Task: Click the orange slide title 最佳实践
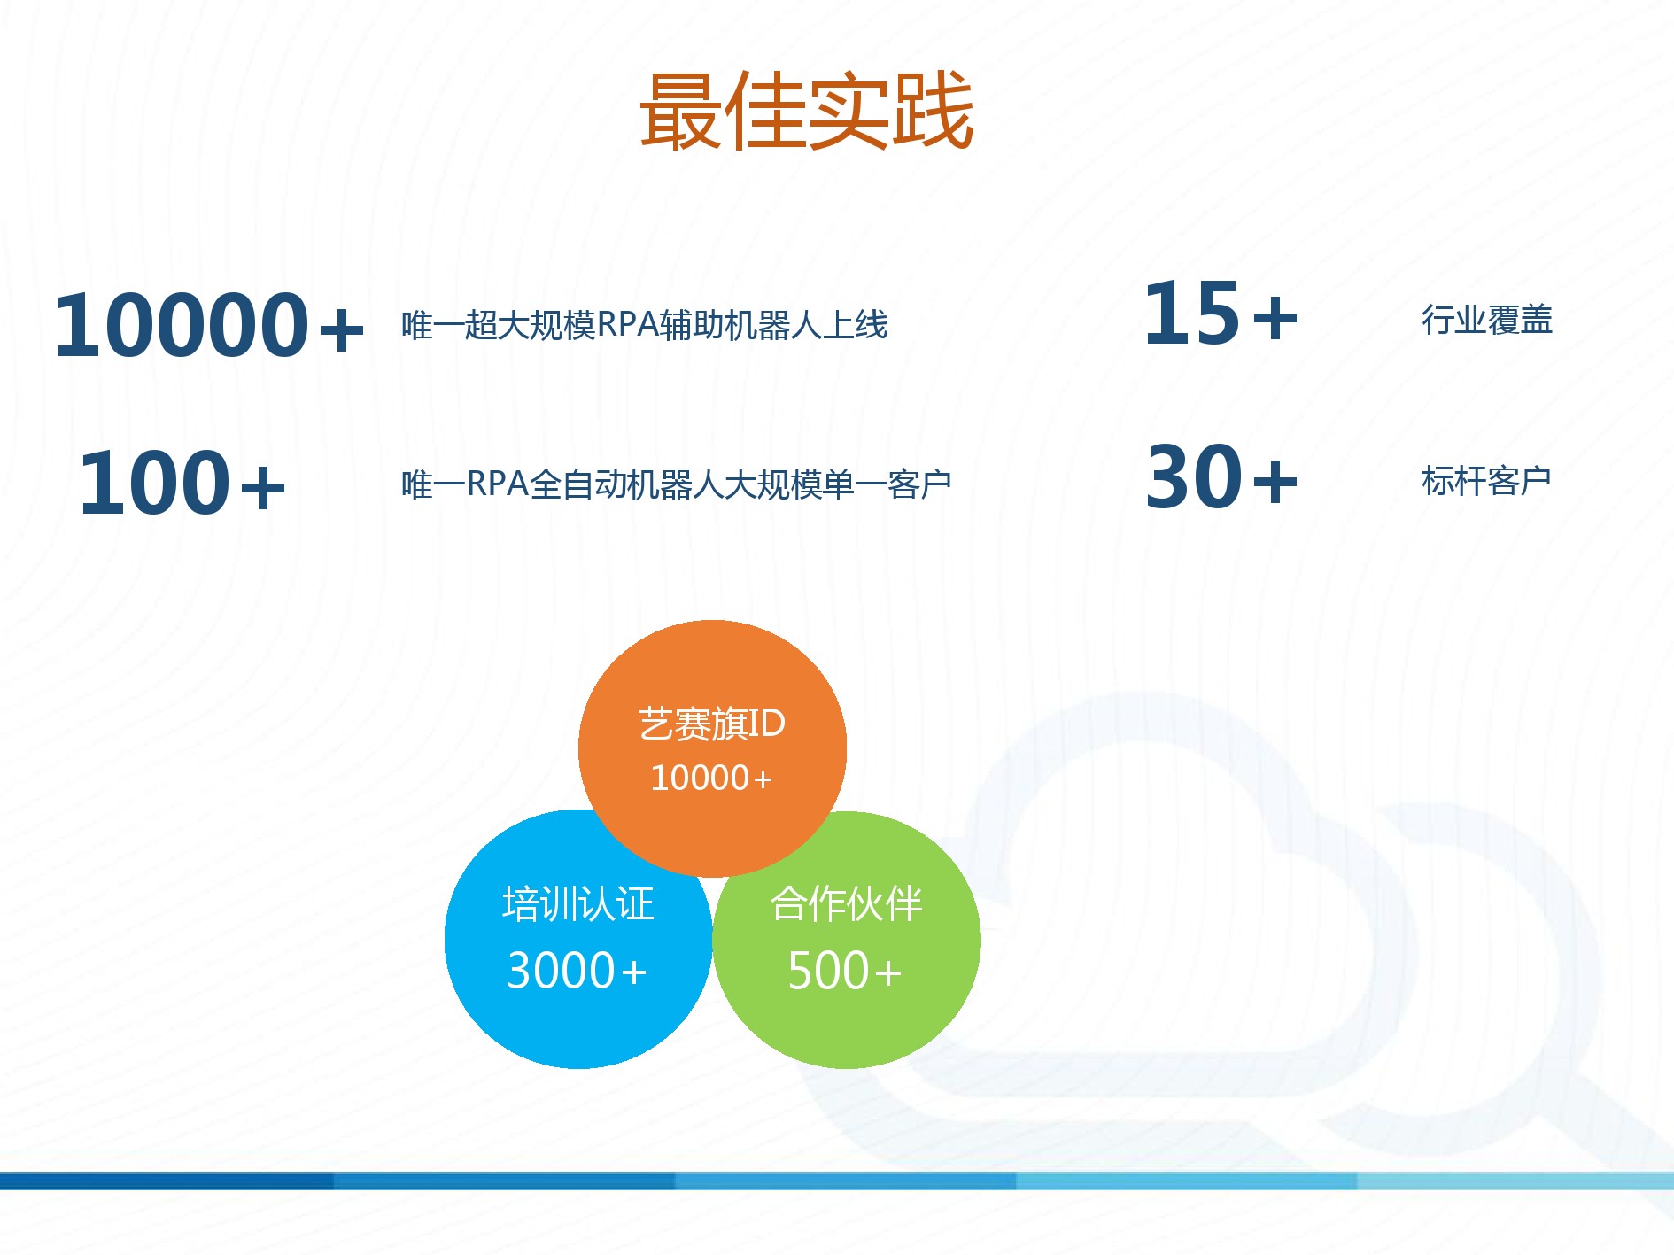click(x=807, y=110)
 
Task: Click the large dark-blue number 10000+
click(x=210, y=326)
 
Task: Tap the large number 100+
click(x=182, y=484)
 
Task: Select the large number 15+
click(x=1221, y=313)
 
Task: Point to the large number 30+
click(x=1221, y=477)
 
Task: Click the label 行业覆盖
click(x=1487, y=320)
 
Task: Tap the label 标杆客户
click(x=1486, y=481)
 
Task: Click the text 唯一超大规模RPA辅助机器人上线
click(x=645, y=325)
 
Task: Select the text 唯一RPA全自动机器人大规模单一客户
click(x=677, y=484)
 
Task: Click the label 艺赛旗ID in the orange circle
click(x=712, y=724)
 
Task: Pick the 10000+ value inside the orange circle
click(x=711, y=779)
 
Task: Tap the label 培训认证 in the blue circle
click(x=578, y=904)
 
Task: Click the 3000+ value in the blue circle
click(x=577, y=971)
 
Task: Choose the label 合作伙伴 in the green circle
click(x=847, y=904)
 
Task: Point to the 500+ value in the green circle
click(x=845, y=971)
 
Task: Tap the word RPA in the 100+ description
click(x=497, y=484)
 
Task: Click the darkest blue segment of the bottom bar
click(x=167, y=1181)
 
